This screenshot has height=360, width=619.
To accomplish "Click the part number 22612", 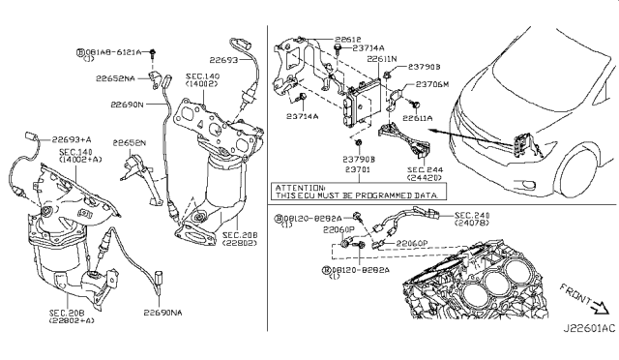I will coord(349,39).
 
